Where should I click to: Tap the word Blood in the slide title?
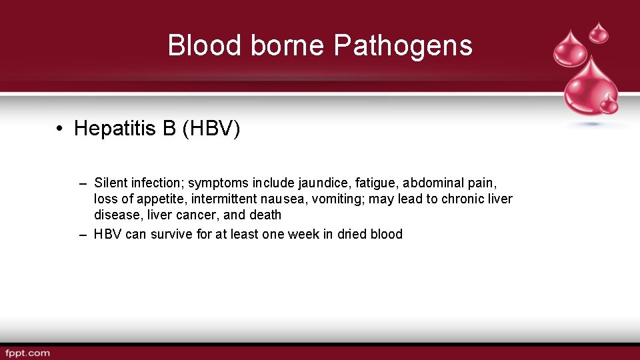click(205, 46)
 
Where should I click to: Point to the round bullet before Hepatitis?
click(60, 128)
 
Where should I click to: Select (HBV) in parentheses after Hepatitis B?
click(211, 128)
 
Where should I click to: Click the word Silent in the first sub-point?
click(111, 183)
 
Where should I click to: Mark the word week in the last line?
click(304, 234)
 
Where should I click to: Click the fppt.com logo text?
click(27, 353)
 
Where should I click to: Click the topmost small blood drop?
click(599, 31)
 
